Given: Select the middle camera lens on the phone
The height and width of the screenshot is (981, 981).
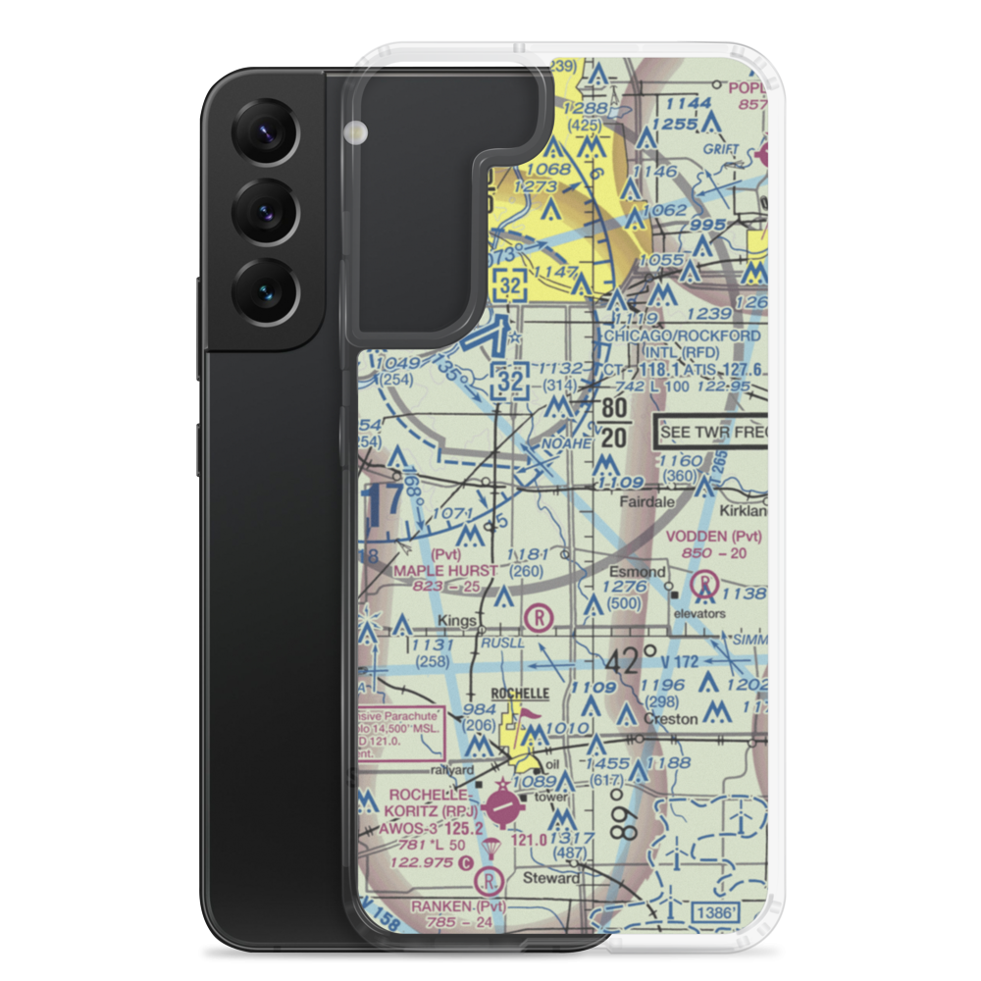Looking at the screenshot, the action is pos(262,212).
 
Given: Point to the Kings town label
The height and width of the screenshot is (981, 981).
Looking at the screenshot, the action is pos(458,622).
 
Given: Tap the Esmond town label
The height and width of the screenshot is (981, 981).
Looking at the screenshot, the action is pos(644,572).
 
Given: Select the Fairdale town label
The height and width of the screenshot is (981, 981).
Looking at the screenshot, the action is pos(644,501).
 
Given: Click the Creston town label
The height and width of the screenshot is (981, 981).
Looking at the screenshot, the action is pos(670,719).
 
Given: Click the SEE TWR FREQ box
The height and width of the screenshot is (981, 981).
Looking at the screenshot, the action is pos(711,432).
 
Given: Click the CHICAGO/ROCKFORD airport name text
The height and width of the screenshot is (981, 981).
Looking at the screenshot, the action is pos(682,336).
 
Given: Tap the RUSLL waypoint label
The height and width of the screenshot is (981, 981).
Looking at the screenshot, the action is pos(503,643).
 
